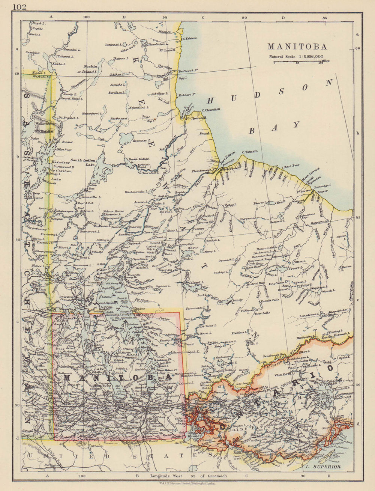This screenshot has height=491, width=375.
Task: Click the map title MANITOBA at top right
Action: pos(297,47)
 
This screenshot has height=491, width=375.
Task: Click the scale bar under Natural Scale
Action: pos(297,62)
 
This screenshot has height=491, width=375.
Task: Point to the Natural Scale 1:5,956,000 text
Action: pos(296,56)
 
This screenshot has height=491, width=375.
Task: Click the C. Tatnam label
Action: pos(250,152)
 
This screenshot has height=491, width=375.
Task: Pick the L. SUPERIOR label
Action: pos(323,467)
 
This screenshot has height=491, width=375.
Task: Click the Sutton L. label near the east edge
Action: pos(341,236)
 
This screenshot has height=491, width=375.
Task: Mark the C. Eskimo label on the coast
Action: pos(190,38)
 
